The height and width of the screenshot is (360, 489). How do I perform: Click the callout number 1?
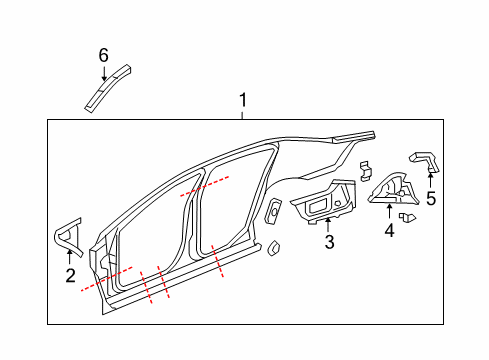point(241,100)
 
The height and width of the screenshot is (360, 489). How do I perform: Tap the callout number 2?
point(69,276)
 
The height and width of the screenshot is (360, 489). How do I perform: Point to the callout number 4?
point(389,230)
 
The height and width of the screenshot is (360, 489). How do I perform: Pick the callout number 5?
point(431,198)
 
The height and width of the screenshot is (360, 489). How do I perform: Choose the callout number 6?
point(103,55)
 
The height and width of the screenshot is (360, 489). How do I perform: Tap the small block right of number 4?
point(407,216)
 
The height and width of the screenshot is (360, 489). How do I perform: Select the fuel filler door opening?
point(274,211)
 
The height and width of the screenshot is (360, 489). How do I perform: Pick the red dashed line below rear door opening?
point(218,263)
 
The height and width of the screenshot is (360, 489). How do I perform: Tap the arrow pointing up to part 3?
point(328,222)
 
